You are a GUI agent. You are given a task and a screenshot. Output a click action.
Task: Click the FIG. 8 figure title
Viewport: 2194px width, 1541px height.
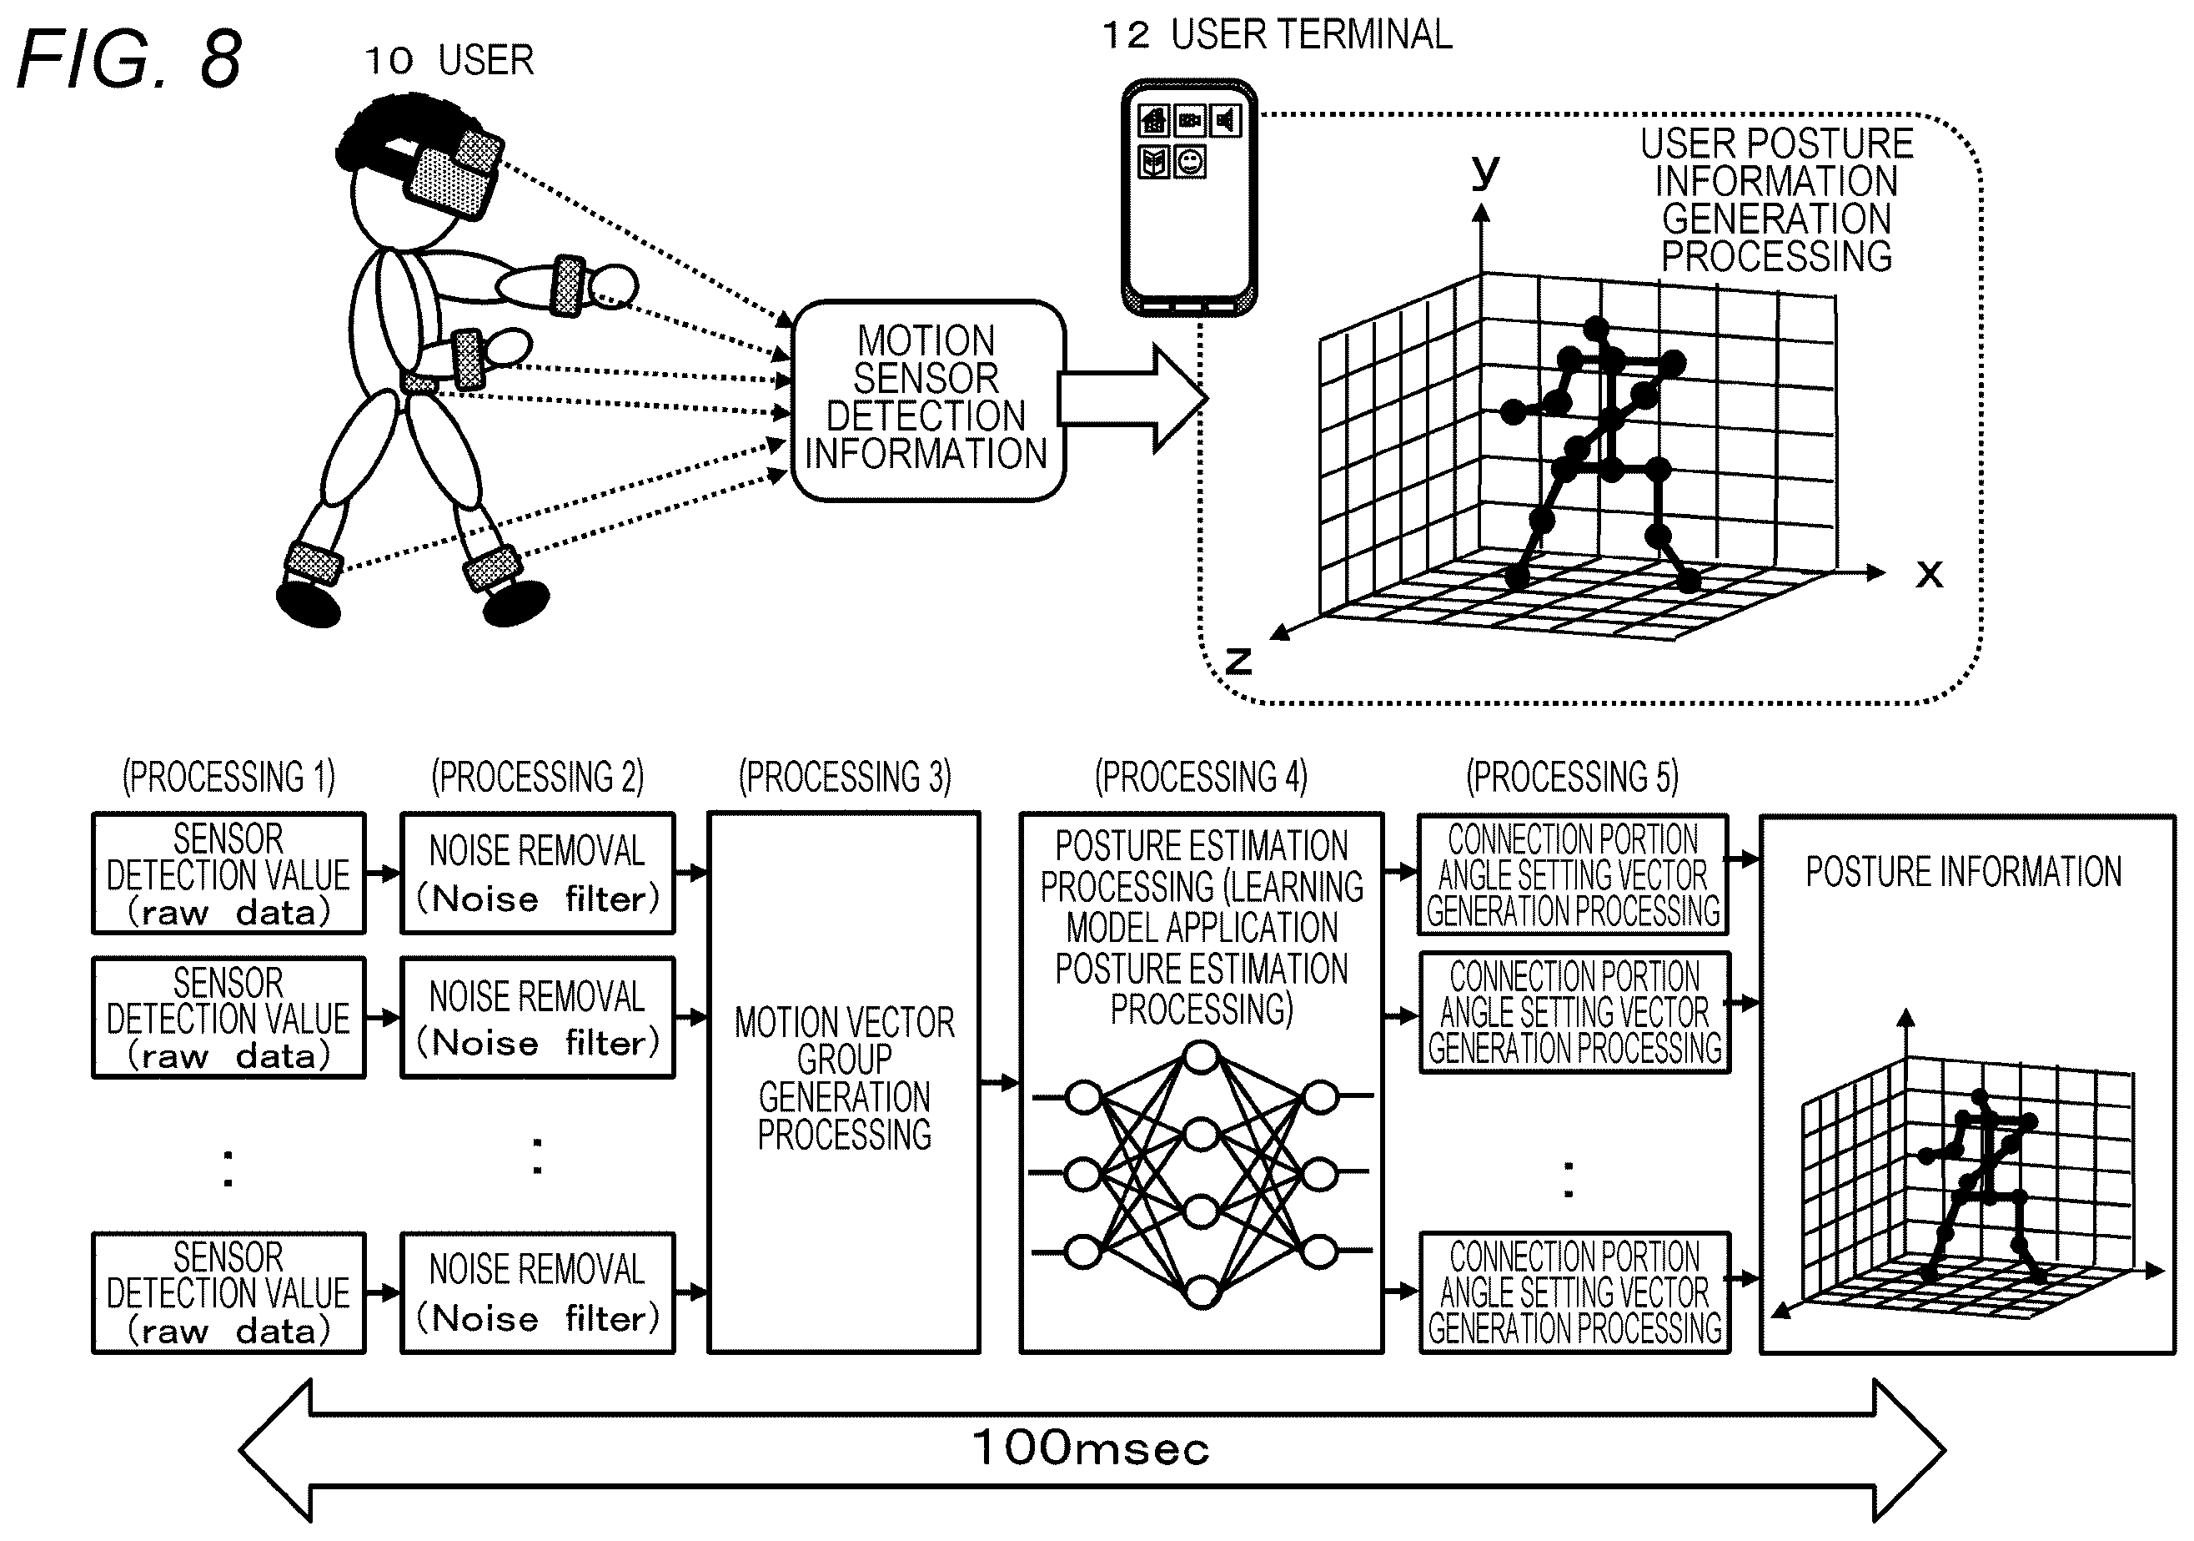point(130,59)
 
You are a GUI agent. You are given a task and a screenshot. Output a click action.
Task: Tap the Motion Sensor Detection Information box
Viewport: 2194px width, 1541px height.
point(928,400)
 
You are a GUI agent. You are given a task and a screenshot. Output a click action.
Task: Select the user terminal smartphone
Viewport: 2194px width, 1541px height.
point(1189,197)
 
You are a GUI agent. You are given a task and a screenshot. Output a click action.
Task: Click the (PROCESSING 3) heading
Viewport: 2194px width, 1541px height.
point(845,776)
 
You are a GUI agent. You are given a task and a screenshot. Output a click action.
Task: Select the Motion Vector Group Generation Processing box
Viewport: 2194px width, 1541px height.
point(844,1082)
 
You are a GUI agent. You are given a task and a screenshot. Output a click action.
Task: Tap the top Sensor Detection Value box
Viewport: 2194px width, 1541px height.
point(228,873)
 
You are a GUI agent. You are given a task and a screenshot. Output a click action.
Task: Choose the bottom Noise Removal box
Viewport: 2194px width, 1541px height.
point(537,1292)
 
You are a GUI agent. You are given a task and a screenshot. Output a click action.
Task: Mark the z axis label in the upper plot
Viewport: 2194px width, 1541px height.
point(1238,660)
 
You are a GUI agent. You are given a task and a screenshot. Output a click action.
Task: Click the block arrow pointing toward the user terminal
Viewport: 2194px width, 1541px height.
point(1133,399)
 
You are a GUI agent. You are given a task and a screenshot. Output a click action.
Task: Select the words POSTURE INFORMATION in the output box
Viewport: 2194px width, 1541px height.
point(1963,872)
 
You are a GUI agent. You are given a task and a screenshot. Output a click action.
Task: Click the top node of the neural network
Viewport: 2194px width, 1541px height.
point(1201,1057)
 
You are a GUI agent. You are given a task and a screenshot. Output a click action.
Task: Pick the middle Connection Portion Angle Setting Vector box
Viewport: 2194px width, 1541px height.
point(1574,1012)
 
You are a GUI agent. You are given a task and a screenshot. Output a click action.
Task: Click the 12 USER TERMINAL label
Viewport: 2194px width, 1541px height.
point(1278,34)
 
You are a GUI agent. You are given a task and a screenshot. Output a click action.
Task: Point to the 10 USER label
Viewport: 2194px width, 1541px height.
point(449,60)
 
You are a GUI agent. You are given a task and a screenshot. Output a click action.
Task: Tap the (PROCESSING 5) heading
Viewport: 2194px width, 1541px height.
point(1573,776)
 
